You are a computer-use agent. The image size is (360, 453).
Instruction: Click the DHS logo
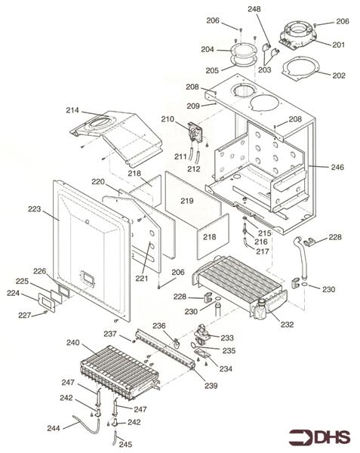tap(319, 437)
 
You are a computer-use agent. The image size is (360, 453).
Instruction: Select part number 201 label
tap(338, 45)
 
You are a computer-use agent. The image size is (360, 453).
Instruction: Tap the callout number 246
tap(337, 167)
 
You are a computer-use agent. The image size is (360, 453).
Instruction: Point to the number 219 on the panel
tap(186, 201)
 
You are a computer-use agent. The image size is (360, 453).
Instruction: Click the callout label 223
tap(35, 208)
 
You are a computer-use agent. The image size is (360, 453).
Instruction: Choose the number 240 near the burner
tap(72, 343)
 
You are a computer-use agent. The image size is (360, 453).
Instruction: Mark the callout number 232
tap(287, 324)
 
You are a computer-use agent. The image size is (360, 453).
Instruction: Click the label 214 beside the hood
tap(72, 110)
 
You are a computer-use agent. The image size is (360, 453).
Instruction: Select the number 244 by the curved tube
tap(54, 428)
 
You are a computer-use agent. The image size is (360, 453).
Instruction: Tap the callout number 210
tap(168, 119)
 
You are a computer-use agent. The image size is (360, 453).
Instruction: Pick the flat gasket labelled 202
tap(300, 69)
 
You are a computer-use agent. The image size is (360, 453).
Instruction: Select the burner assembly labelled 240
tap(120, 371)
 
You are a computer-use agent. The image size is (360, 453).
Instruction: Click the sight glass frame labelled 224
tap(47, 303)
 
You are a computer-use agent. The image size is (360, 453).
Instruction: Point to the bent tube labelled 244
tap(86, 425)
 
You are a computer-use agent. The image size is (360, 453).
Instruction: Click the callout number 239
tap(211, 386)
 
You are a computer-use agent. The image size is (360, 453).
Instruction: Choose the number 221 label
tap(141, 278)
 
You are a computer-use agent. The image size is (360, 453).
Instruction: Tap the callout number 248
tap(254, 9)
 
